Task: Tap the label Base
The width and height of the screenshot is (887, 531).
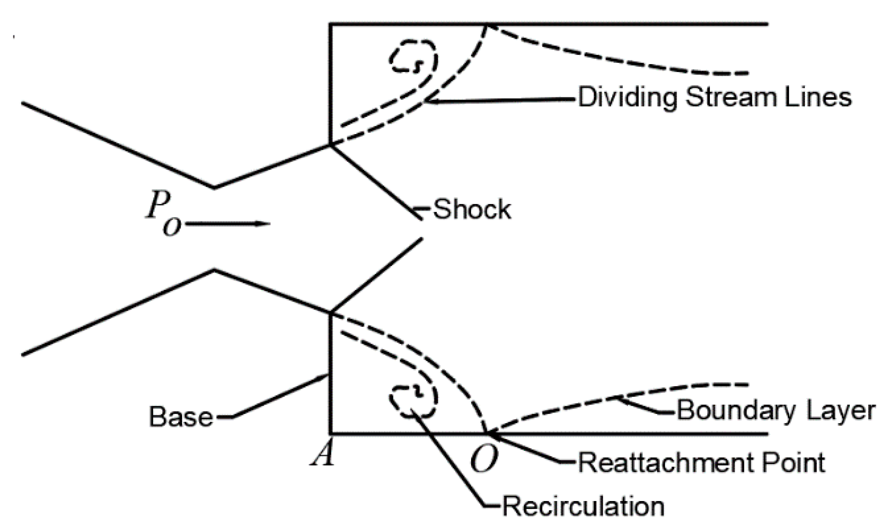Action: click(x=181, y=417)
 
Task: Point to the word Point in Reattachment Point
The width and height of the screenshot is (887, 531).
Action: click(x=793, y=463)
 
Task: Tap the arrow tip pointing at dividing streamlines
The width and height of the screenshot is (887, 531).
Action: click(x=427, y=102)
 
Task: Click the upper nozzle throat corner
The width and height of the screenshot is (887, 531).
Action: click(x=214, y=187)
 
